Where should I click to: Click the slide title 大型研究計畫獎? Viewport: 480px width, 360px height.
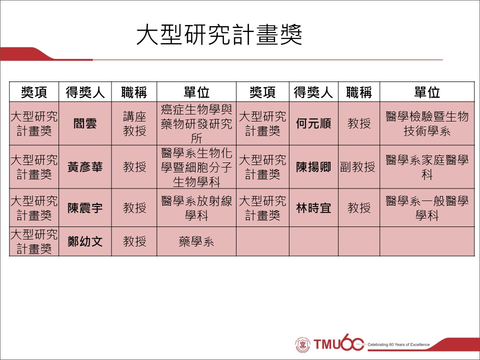pyautogui.click(x=219, y=34)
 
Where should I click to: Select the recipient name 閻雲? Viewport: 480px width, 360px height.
pyautogui.click(x=85, y=123)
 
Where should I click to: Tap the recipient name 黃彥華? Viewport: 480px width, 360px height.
pyautogui.click(x=85, y=167)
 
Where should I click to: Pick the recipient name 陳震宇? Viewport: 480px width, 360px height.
pyautogui.click(x=85, y=208)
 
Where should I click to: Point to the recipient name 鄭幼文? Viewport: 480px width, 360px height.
pyautogui.click(x=85, y=242)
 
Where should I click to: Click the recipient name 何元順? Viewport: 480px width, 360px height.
pyautogui.click(x=313, y=123)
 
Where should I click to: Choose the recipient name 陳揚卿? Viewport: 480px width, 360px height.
pyautogui.click(x=313, y=167)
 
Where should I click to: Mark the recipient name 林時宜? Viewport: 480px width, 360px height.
pyautogui.click(x=313, y=208)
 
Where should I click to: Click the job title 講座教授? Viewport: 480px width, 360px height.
pyautogui.click(x=134, y=123)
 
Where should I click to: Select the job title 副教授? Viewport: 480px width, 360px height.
pyautogui.click(x=357, y=167)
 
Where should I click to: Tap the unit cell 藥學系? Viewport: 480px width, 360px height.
pyautogui.click(x=196, y=242)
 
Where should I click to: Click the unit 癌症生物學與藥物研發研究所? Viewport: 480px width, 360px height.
pyautogui.click(x=196, y=123)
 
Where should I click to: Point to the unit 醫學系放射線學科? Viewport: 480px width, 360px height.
pyautogui.click(x=196, y=208)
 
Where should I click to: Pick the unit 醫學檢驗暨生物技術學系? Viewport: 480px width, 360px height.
pyautogui.click(x=427, y=123)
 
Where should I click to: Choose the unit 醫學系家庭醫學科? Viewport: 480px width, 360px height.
pyautogui.click(x=427, y=167)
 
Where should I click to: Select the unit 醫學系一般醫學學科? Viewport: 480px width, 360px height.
pyautogui.click(x=427, y=208)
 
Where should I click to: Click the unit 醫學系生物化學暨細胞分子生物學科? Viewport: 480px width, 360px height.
pyautogui.click(x=196, y=167)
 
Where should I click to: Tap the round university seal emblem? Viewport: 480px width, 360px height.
pyautogui.click(x=303, y=344)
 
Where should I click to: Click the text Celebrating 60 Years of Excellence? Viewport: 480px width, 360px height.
pyautogui.click(x=398, y=344)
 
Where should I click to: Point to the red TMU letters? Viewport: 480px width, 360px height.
pyautogui.click(x=327, y=344)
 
